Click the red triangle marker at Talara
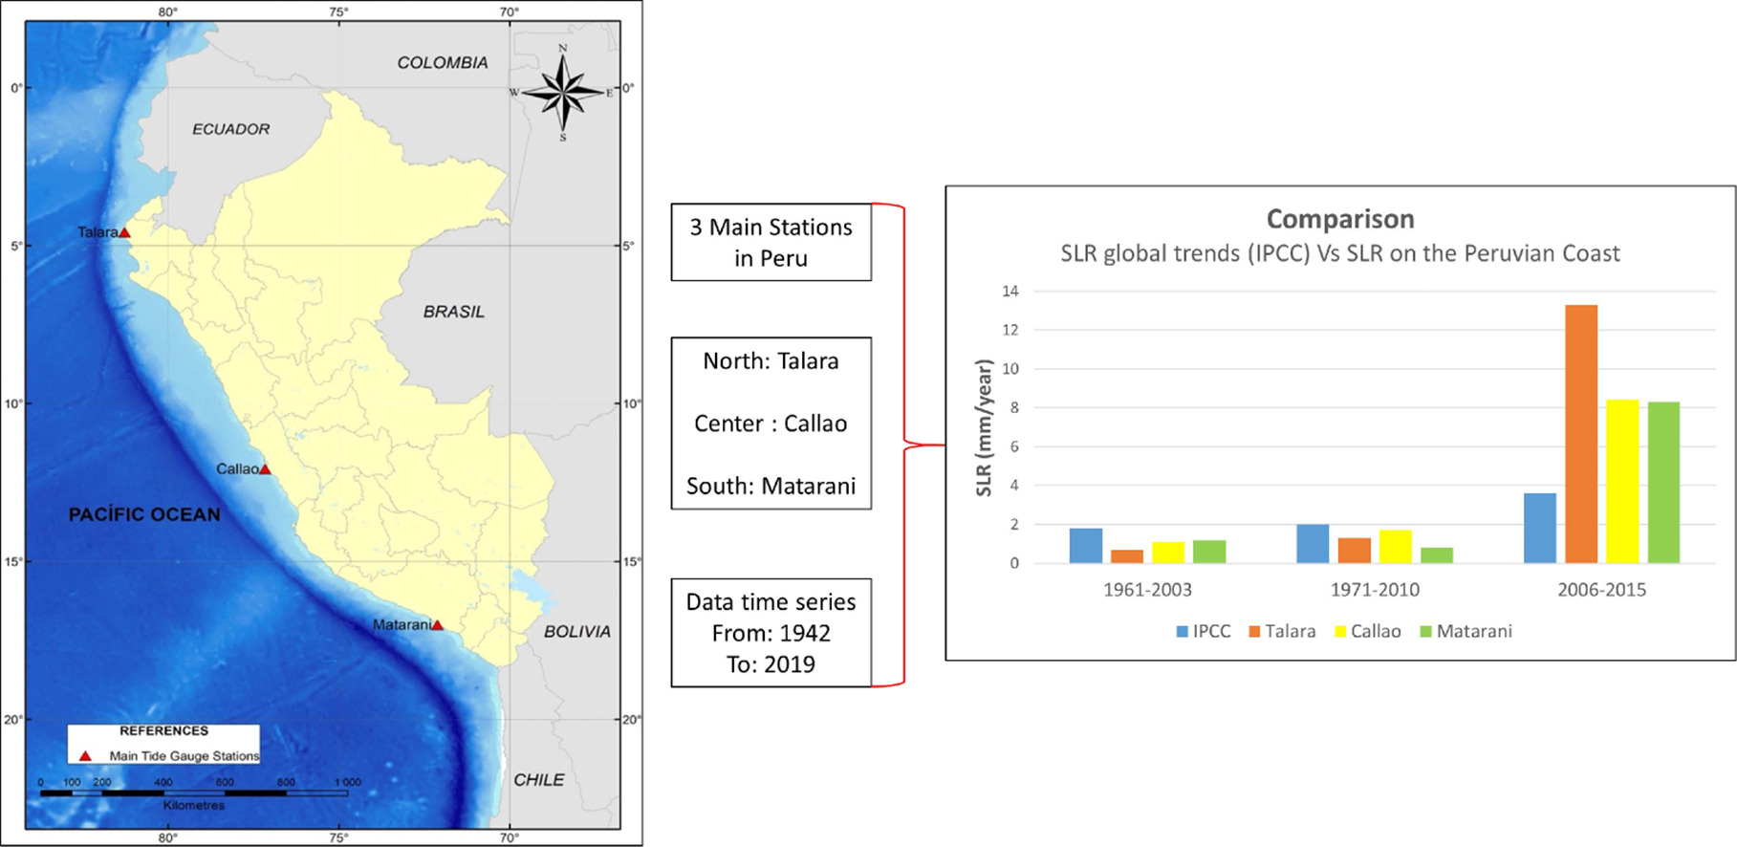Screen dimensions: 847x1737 (124, 232)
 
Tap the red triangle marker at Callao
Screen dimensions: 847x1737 (265, 469)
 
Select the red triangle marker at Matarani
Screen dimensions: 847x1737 (437, 625)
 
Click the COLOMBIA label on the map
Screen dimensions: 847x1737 (442, 63)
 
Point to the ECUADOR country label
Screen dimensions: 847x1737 (230, 129)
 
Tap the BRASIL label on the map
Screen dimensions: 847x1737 (453, 312)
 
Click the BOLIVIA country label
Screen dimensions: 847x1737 (576, 632)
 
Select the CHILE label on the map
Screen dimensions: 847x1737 (538, 780)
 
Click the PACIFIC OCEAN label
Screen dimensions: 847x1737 (144, 514)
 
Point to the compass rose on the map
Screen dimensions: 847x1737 (563, 93)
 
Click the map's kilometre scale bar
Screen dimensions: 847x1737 (193, 793)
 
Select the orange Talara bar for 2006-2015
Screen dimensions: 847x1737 (1581, 434)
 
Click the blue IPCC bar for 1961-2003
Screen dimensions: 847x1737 (1086, 546)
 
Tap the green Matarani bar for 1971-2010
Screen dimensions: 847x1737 (1437, 555)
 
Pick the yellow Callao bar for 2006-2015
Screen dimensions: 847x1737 (1622, 481)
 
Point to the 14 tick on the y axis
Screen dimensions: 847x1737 (1010, 292)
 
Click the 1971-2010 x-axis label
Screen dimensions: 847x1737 (1375, 590)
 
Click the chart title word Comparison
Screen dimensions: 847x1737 (1340, 219)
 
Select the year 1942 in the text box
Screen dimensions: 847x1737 (804, 634)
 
